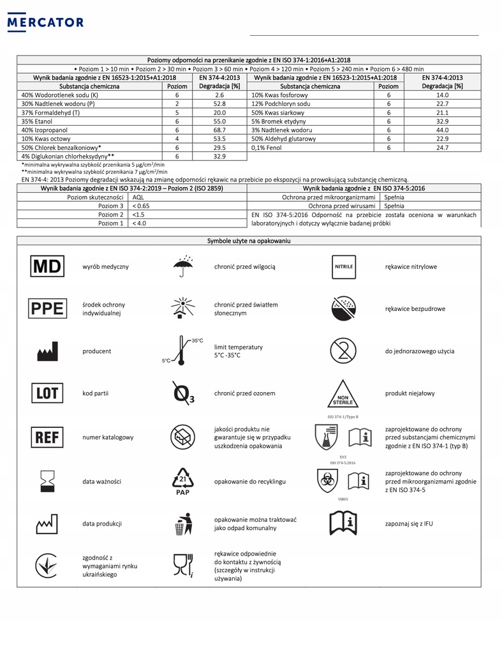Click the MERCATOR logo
click(44, 22)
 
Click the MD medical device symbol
click(47, 266)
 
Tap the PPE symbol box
click(47, 308)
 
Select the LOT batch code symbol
click(47, 393)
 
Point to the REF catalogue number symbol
click(47, 437)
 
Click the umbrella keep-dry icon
click(183, 266)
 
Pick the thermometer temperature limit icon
click(181, 351)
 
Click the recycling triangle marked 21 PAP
click(182, 481)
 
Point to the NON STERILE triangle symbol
click(344, 394)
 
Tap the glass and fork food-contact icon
click(182, 565)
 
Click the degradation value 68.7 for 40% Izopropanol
click(219, 130)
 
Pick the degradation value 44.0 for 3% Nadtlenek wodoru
click(443, 130)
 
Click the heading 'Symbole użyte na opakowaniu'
click(249, 240)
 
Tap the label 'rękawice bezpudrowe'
click(415, 308)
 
